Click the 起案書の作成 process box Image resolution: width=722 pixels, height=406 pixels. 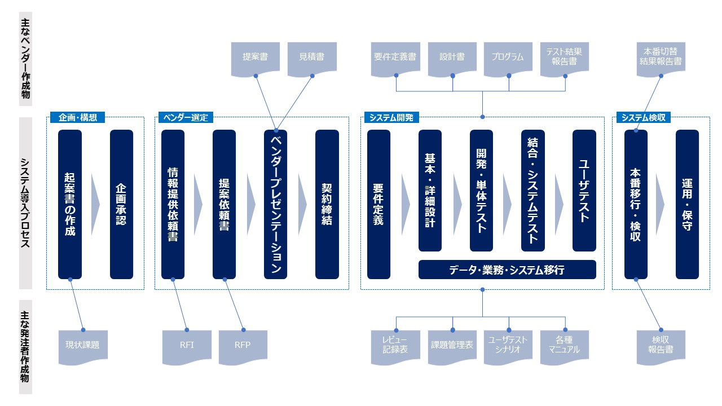click(x=70, y=204)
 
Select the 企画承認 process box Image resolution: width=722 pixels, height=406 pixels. click(x=121, y=204)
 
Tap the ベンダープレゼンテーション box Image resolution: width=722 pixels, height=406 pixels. click(x=275, y=204)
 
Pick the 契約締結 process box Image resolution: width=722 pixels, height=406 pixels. click(x=327, y=204)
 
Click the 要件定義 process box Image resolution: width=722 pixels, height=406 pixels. click(x=378, y=204)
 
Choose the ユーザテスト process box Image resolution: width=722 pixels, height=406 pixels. click(x=584, y=191)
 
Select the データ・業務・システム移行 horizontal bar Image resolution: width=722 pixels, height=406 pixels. click(x=507, y=270)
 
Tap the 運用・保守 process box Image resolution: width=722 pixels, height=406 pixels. click(x=687, y=204)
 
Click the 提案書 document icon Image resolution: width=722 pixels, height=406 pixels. click(x=255, y=58)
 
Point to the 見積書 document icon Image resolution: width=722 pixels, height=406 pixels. click(x=311, y=58)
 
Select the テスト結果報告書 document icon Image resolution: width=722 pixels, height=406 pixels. click(x=564, y=58)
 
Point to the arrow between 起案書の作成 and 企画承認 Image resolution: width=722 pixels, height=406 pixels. click(x=95, y=204)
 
